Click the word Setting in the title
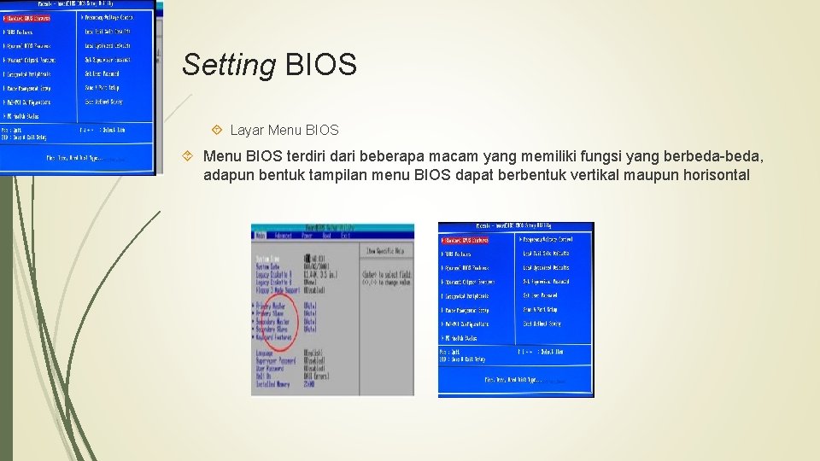pos(229,65)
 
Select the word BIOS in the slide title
pos(321,65)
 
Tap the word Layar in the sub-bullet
pos(247,131)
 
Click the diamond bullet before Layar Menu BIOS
pos(217,131)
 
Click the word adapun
pos(229,175)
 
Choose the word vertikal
pos(619,175)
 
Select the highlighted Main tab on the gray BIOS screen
pos(261,236)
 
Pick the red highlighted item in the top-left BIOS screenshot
pos(28,17)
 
